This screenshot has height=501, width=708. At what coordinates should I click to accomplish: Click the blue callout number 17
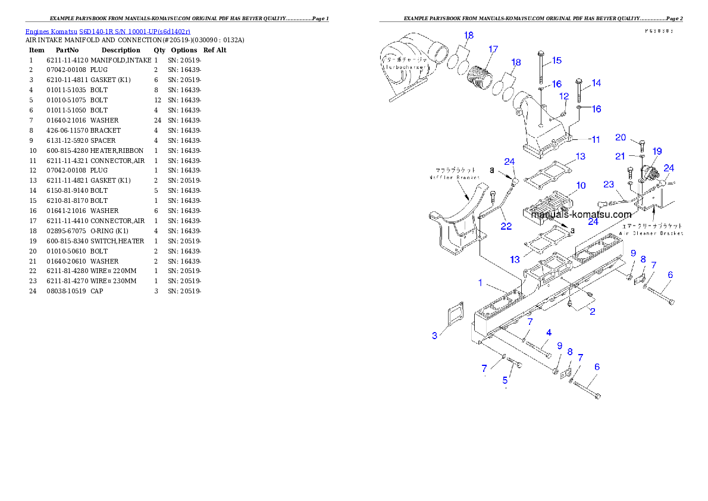(x=493, y=49)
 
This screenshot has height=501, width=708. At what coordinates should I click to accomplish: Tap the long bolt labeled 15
(x=540, y=68)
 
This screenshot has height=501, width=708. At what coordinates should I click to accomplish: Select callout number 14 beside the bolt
(x=596, y=83)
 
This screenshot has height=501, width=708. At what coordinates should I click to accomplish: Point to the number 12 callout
(x=563, y=96)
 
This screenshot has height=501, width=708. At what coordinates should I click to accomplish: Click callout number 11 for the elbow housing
(x=595, y=139)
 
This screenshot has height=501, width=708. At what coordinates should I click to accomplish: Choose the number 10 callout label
(x=581, y=186)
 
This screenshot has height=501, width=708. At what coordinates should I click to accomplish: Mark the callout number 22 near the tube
(x=506, y=226)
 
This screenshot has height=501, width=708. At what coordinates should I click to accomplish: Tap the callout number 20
(x=621, y=137)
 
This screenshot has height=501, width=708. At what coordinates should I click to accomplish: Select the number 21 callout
(x=621, y=156)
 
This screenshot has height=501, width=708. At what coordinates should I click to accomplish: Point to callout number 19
(x=657, y=151)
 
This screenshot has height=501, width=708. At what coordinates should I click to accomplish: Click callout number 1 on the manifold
(x=480, y=283)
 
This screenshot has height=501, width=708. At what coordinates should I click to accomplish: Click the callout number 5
(x=506, y=380)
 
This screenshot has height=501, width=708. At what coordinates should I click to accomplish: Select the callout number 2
(x=592, y=311)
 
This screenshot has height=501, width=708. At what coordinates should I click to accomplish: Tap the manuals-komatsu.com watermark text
(x=573, y=214)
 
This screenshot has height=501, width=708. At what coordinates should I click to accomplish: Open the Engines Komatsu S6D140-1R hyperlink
(x=108, y=31)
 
